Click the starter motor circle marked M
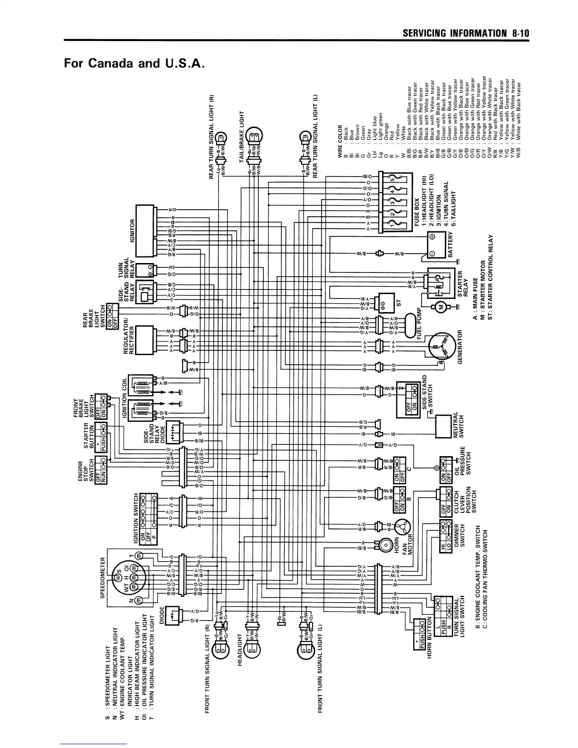pos(440,308)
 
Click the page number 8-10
pos(519,33)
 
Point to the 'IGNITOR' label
pos(133,230)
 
